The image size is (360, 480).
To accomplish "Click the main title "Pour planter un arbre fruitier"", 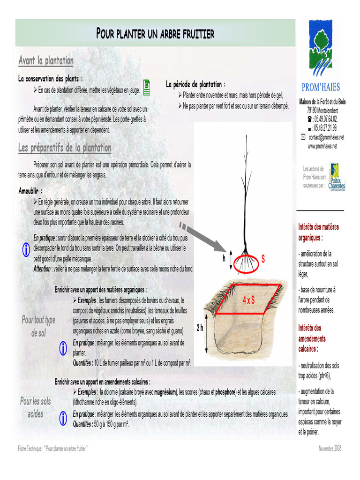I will click(x=155, y=33).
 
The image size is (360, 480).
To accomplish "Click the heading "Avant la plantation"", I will click(x=46, y=60).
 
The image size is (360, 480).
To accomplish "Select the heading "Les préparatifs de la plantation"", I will click(x=65, y=148).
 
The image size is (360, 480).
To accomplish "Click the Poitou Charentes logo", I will click(x=337, y=177).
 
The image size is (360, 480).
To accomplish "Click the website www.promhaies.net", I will click(x=322, y=146).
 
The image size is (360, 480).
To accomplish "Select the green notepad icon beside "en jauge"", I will click(x=147, y=87).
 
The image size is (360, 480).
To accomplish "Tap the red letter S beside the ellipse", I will click(x=263, y=259).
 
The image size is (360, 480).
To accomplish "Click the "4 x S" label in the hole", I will click(x=248, y=300).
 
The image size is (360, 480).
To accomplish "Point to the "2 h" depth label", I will click(x=200, y=328).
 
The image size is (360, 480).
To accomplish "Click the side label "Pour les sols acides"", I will click(x=36, y=407).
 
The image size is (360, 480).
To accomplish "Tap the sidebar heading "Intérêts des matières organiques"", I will click(x=318, y=232).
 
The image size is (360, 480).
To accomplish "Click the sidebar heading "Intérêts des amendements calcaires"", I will click(x=312, y=338).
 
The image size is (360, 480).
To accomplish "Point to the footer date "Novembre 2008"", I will click(x=330, y=449).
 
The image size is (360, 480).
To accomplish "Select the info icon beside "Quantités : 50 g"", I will click(x=63, y=418).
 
